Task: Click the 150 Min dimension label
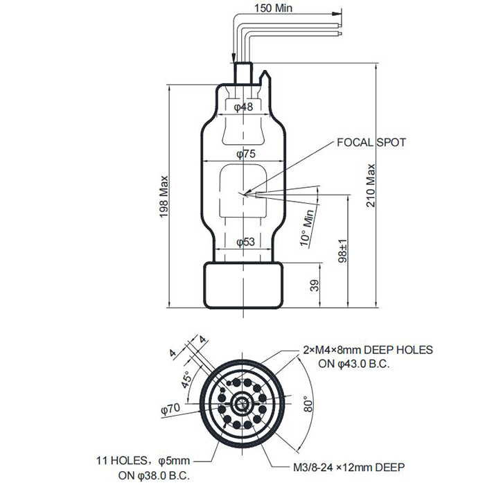click(273, 8)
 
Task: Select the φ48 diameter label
click(243, 107)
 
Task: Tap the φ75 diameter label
click(246, 154)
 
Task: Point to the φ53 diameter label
click(245, 242)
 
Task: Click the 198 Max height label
click(164, 197)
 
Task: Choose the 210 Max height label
click(370, 186)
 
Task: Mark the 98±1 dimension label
click(342, 251)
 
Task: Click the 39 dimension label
click(314, 285)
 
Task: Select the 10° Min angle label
click(307, 228)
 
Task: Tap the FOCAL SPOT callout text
click(371, 143)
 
